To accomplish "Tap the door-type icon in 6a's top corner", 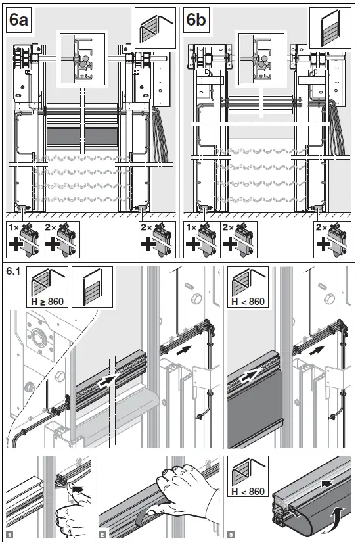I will [155, 27].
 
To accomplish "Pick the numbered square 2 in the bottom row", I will [102, 535].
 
